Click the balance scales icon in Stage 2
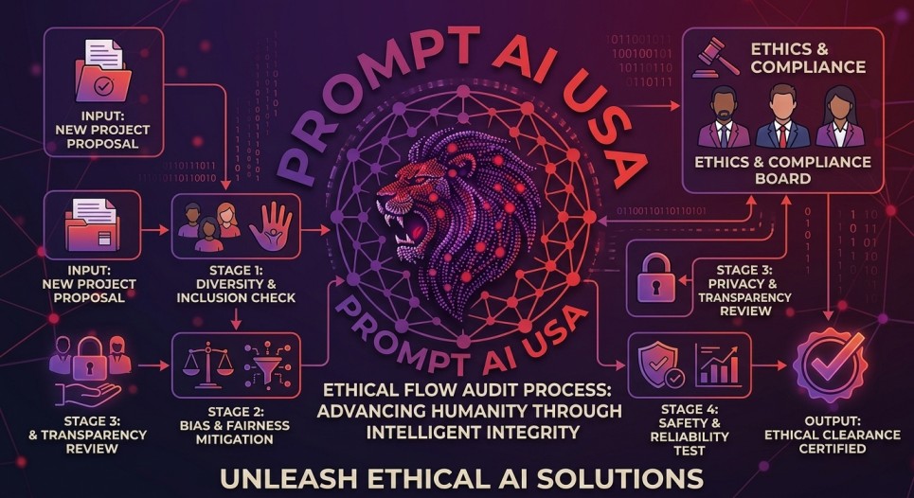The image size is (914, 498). tap(207, 365)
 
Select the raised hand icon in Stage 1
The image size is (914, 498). tap(271, 226)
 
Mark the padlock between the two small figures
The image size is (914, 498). tap(90, 358)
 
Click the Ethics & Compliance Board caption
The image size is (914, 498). tap(782, 169)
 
